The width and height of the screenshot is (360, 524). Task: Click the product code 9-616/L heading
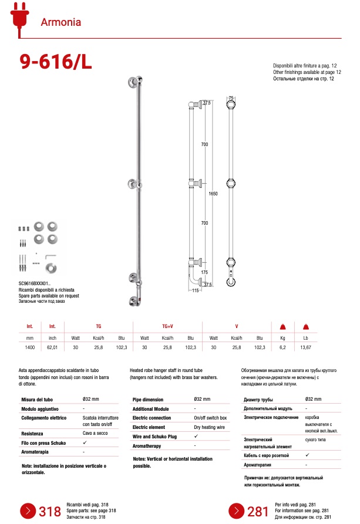point(56,62)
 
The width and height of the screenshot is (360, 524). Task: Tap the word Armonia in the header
point(60,23)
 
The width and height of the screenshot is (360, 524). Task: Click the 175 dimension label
point(204,272)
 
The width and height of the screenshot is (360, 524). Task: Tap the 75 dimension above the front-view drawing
point(231,98)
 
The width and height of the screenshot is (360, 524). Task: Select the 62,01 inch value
point(52,348)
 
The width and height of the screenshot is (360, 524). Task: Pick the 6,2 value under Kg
point(282,348)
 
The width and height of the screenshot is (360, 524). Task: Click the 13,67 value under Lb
point(305,348)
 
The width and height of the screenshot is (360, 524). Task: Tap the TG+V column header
point(167,326)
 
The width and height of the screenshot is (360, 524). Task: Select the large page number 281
point(258,512)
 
